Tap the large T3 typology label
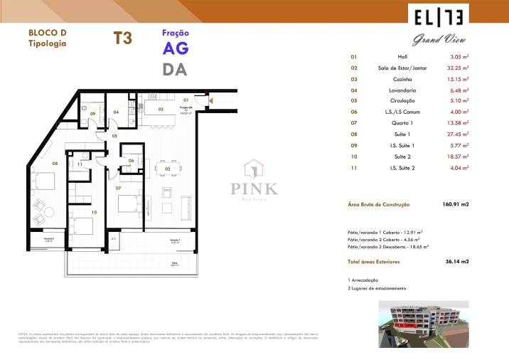[123, 38]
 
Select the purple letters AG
[176, 48]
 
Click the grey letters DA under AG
[175, 70]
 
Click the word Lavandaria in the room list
[403, 90]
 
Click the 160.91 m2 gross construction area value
[456, 205]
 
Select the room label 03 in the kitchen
[161, 110]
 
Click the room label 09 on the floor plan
[92, 113]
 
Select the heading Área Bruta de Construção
[379, 205]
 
